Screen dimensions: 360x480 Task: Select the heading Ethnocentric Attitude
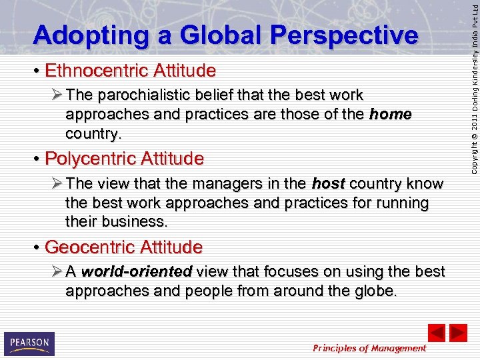(130, 70)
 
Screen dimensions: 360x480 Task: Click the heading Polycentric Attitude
(124, 159)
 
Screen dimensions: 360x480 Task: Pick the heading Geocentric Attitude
(123, 247)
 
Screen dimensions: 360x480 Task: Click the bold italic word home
(390, 115)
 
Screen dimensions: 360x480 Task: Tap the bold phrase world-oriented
(137, 272)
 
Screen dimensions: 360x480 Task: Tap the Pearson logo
(29, 343)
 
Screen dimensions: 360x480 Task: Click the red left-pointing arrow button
(436, 333)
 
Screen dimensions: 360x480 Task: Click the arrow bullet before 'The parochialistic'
(55, 95)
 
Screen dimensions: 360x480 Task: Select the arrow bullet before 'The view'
(55, 184)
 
